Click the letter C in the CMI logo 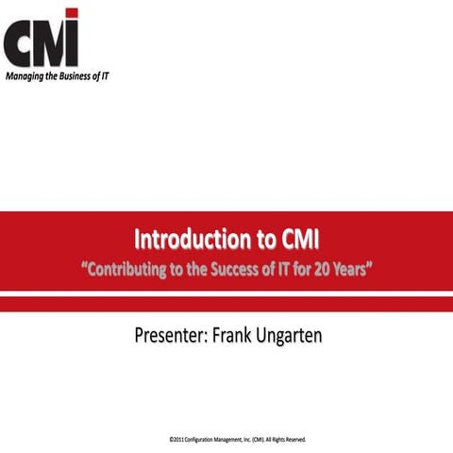point(18,42)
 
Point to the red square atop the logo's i point(72,13)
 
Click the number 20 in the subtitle point(325,270)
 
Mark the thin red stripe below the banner point(226,304)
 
